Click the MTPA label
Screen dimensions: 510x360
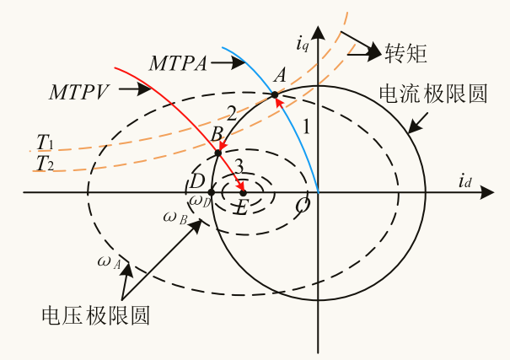tap(179, 62)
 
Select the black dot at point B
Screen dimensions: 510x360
tap(218, 153)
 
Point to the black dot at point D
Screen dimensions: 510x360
tap(211, 193)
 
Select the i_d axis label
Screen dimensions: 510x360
tap(465, 180)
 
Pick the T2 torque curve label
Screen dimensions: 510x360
tap(45, 163)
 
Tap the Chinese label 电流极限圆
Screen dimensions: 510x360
tap(432, 94)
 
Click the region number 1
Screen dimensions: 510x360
tap(308, 127)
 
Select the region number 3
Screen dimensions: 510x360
tap(239, 164)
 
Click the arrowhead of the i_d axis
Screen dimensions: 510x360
tap(486, 193)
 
